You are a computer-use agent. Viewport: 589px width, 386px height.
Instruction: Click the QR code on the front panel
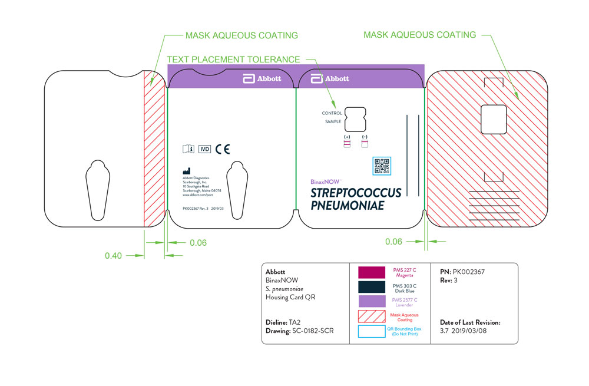click(382, 166)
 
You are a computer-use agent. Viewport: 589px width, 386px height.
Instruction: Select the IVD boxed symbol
click(204, 149)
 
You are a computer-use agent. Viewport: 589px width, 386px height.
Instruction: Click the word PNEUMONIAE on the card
click(348, 205)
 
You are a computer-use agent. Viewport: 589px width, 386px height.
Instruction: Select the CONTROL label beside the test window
click(332, 113)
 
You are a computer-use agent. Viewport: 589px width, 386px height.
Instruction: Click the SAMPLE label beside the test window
click(333, 122)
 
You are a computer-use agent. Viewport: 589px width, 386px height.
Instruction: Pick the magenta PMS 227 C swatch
click(372, 272)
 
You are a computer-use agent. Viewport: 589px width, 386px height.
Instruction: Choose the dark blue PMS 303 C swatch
click(372, 287)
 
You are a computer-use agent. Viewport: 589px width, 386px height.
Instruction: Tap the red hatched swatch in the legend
click(372, 317)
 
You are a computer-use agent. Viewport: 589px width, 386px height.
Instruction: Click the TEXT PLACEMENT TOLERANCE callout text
click(233, 60)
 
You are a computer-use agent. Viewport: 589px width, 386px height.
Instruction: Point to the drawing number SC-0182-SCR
click(313, 331)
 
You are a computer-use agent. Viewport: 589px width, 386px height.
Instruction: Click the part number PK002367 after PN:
click(469, 272)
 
